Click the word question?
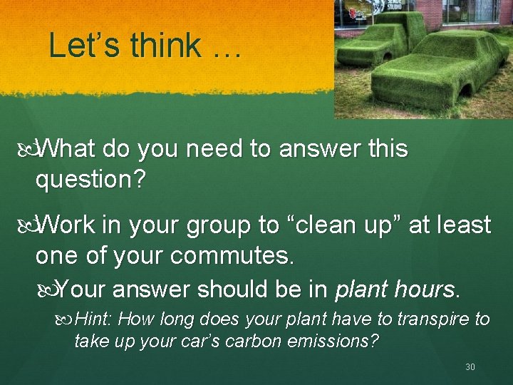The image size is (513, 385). click(91, 180)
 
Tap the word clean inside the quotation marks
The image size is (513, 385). click(329, 225)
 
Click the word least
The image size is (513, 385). click(462, 225)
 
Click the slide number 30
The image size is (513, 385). click(470, 366)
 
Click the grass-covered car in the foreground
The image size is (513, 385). click(435, 71)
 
